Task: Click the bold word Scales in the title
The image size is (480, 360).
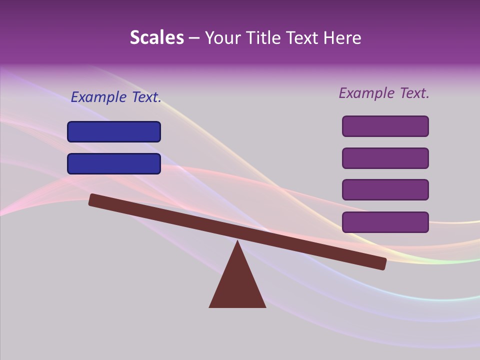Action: coord(156,37)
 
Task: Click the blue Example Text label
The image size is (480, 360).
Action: coord(116,97)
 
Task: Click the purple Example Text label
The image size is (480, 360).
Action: coord(384,92)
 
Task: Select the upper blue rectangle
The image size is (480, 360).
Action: coord(114,131)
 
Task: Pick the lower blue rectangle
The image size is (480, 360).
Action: coord(114,163)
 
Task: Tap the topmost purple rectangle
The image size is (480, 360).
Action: coord(385,126)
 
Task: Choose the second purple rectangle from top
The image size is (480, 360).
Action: coord(385,158)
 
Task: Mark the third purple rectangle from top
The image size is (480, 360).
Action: coord(385,189)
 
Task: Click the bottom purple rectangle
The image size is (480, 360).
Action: coord(385,222)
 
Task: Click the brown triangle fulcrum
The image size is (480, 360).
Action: coord(237,285)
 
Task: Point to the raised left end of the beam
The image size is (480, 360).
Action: coord(93,199)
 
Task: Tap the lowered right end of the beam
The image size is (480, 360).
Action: coord(382,263)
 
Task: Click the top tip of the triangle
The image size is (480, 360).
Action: coord(237,242)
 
